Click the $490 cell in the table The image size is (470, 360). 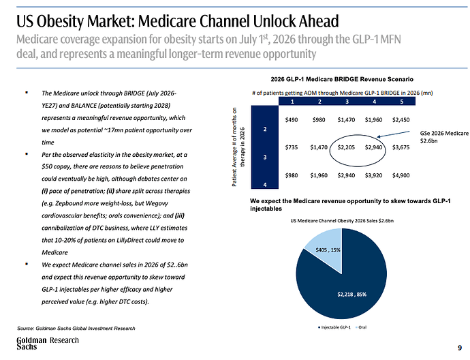point(292,120)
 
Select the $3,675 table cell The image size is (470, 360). point(401,147)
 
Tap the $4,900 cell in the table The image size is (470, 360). point(401,175)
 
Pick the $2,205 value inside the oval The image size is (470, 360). point(346,147)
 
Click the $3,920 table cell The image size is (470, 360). point(373,175)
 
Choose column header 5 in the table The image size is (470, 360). point(402,102)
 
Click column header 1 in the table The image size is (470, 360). point(292,102)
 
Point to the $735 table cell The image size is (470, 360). point(292,147)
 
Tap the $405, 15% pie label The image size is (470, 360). point(328,250)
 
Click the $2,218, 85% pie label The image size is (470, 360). point(352,295)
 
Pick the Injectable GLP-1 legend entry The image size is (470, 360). point(334,327)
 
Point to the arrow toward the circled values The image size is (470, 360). point(393,134)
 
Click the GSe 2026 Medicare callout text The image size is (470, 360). point(444,137)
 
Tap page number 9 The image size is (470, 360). point(460,348)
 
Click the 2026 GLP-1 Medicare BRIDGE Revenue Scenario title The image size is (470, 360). point(342,79)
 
